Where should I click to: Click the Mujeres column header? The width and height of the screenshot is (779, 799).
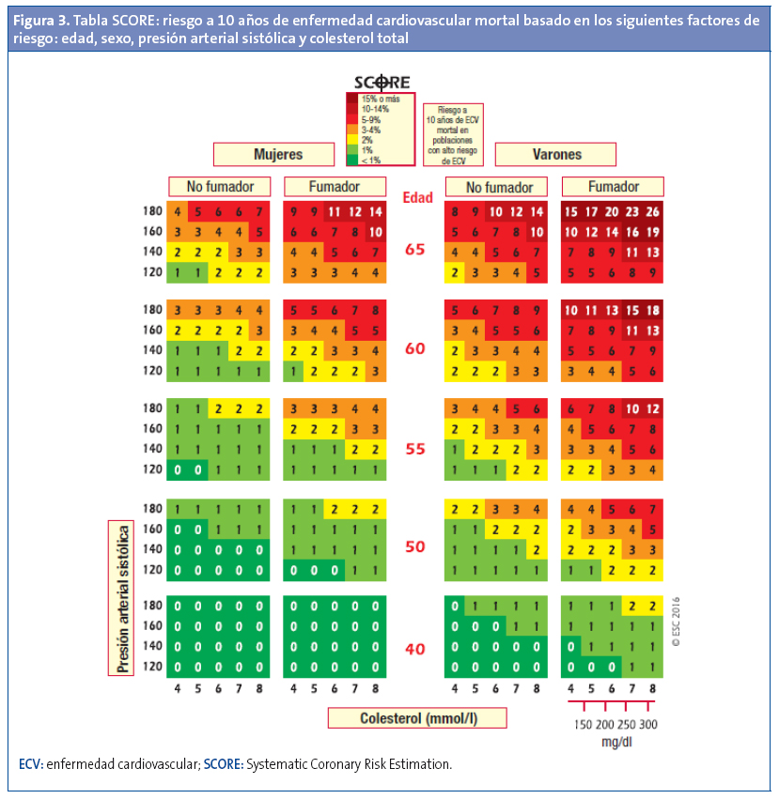273,154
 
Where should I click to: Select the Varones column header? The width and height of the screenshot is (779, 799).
556,154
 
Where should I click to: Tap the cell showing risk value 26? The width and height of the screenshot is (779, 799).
654,211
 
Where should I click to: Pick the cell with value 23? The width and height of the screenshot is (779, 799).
633,211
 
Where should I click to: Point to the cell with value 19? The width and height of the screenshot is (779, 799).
654,232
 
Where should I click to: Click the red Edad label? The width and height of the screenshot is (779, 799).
417,197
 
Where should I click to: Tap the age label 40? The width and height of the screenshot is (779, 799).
416,648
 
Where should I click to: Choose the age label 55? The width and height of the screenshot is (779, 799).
416,449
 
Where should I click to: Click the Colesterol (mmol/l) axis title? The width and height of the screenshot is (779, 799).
417,718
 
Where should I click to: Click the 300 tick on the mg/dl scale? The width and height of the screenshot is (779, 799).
647,725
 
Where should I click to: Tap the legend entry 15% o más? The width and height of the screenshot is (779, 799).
381,99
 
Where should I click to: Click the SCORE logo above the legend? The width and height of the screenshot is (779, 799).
381,82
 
